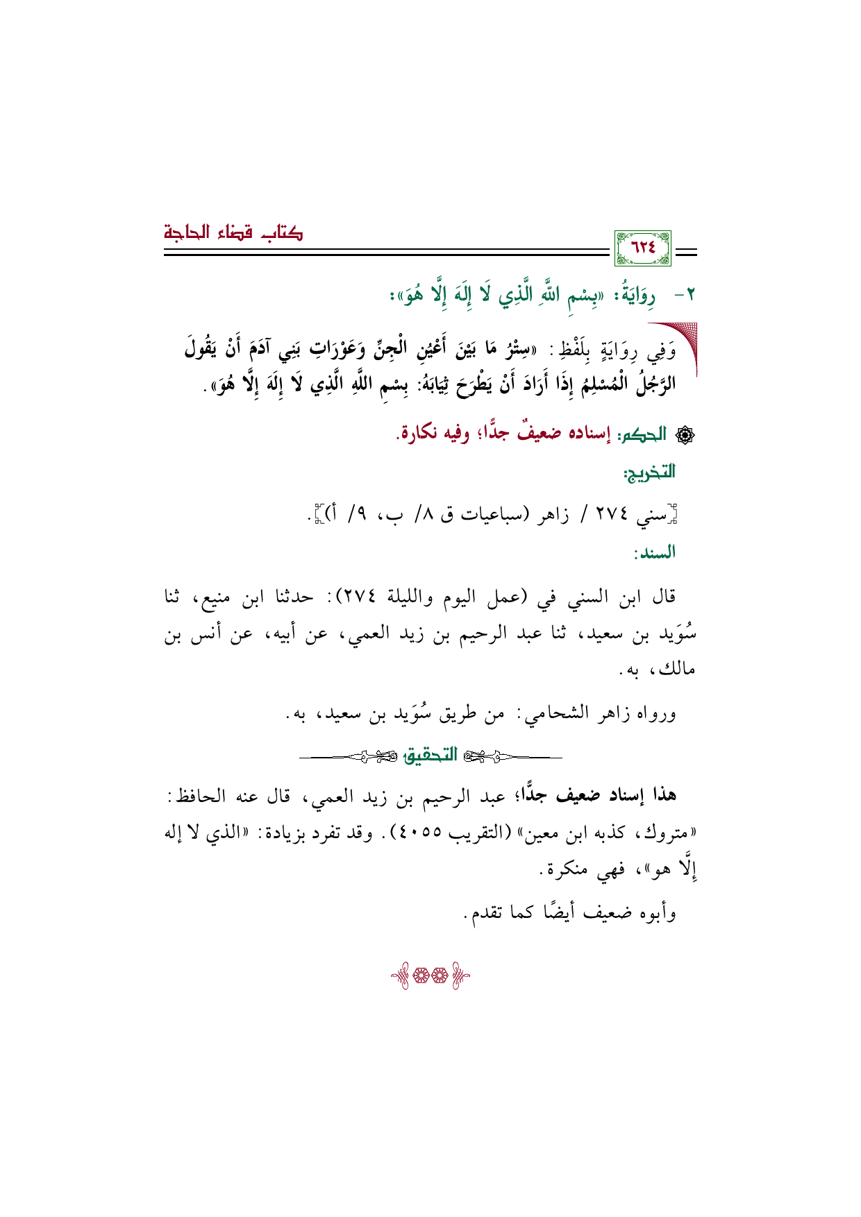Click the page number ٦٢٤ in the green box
tap(642, 248)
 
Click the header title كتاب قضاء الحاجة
tap(233, 232)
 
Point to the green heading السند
tap(654, 553)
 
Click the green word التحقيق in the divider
tap(430, 756)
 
